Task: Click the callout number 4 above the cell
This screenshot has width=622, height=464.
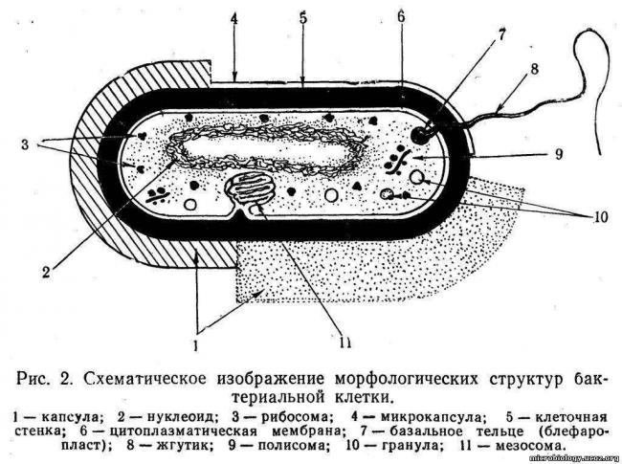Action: point(234,18)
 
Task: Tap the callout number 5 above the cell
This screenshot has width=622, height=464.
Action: point(303,18)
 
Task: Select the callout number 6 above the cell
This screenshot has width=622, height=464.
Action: point(402,17)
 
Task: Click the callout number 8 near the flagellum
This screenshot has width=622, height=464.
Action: point(535,69)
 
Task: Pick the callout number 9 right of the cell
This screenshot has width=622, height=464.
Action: point(559,154)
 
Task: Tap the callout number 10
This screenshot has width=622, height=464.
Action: point(600,217)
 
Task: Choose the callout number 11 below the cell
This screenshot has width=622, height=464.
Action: point(345,342)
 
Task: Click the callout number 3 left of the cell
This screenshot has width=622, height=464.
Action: point(25,144)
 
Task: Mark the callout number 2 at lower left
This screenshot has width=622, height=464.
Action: point(47,272)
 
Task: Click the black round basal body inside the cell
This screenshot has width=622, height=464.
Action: point(421,134)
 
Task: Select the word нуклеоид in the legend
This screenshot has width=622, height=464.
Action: point(183,417)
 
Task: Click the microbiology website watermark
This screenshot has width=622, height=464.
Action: point(574,458)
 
